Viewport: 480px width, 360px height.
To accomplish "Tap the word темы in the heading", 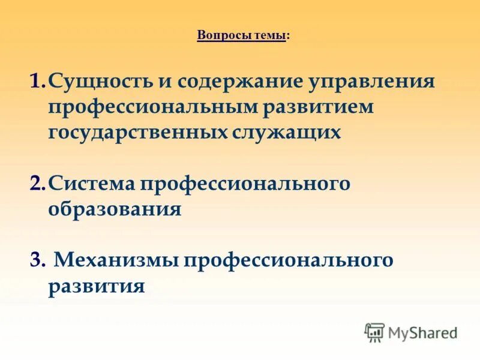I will pos(269,36).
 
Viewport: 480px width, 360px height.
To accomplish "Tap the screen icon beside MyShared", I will pos(374,332).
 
